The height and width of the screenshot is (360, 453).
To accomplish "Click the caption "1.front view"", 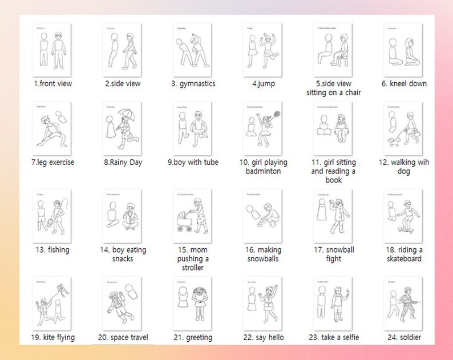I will pyautogui.click(x=52, y=84).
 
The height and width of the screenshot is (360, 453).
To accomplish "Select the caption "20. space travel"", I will pyautogui.click(x=123, y=337).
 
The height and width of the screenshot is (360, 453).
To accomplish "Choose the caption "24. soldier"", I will pyautogui.click(x=404, y=337).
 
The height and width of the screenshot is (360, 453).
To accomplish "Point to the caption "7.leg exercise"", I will pyautogui.click(x=52, y=163).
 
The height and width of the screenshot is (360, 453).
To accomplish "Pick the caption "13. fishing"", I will pyautogui.click(x=52, y=250).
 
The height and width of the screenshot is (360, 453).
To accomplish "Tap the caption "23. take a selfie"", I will pyautogui.click(x=334, y=337).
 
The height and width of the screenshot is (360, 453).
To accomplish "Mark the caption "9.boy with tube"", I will pyautogui.click(x=191, y=163).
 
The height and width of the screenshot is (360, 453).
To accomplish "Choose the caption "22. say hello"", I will pyautogui.click(x=263, y=337).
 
